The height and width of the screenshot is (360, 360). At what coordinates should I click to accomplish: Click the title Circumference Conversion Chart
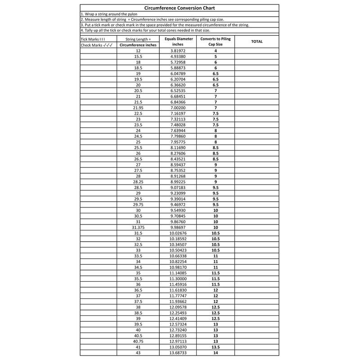pos(180,8)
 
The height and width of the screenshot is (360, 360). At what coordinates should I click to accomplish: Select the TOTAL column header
pos(256,42)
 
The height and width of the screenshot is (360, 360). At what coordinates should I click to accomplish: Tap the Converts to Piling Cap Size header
pos(216,42)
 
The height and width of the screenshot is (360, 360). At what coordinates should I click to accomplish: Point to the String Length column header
pos(138,40)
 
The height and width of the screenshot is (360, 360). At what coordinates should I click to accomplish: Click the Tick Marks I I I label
pos(93,40)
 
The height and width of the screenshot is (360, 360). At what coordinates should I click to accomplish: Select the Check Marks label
pos(96,45)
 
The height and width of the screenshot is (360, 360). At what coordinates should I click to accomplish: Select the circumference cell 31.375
pos(138,227)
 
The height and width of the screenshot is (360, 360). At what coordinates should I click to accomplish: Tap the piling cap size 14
pos(216,352)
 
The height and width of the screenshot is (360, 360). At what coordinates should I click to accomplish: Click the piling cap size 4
pos(216,51)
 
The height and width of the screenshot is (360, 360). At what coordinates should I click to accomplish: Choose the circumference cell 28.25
pos(138,181)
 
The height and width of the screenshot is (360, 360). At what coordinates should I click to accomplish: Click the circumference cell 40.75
pos(138,341)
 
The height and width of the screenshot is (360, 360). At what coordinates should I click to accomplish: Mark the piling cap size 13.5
pos(216,347)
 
